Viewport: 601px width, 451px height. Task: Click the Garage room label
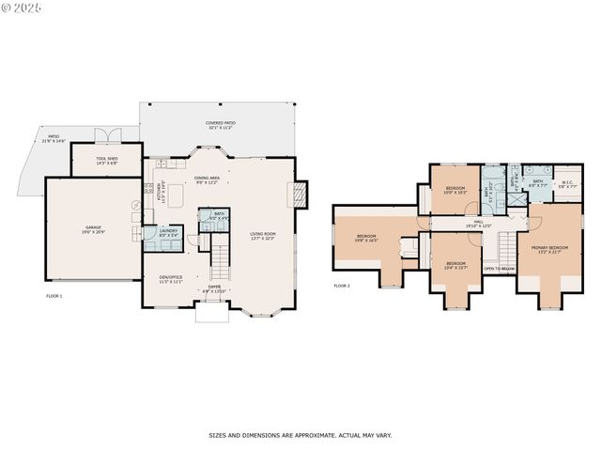[93, 228]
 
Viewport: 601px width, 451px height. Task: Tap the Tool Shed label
[106, 161]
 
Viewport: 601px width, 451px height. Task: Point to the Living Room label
[263, 236]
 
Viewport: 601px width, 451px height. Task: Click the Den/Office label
[170, 279]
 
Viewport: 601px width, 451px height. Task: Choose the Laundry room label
[168, 232]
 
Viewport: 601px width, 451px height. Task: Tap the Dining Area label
[207, 179]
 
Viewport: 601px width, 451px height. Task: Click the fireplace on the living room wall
[300, 194]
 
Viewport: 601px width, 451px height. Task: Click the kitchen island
[176, 195]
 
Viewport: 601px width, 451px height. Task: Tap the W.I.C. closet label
[567, 184]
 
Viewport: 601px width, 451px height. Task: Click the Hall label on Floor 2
[479, 224]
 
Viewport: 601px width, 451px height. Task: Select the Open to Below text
[499, 269]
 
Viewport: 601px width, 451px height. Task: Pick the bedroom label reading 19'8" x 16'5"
[366, 238]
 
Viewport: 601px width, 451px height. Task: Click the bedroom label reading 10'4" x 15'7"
[455, 264]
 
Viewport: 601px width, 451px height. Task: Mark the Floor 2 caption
[342, 286]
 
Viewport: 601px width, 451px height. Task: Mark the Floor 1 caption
[54, 296]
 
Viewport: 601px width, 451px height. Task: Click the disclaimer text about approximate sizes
[300, 435]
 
